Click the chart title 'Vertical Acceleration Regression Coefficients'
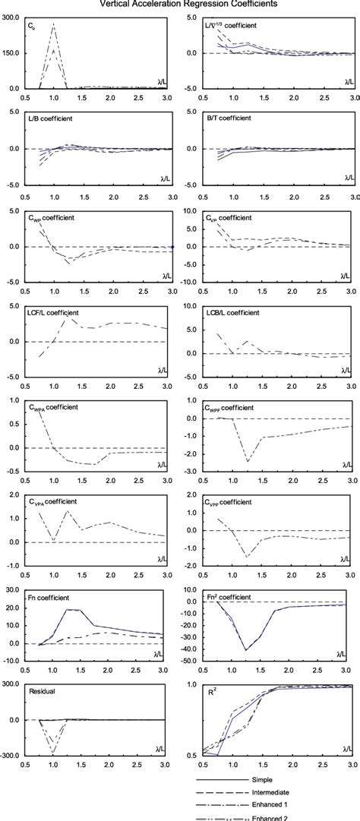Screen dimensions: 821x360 coord(180,4)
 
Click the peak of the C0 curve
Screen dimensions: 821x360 coord(53,24)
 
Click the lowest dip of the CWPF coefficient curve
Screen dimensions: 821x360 coord(248,461)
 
